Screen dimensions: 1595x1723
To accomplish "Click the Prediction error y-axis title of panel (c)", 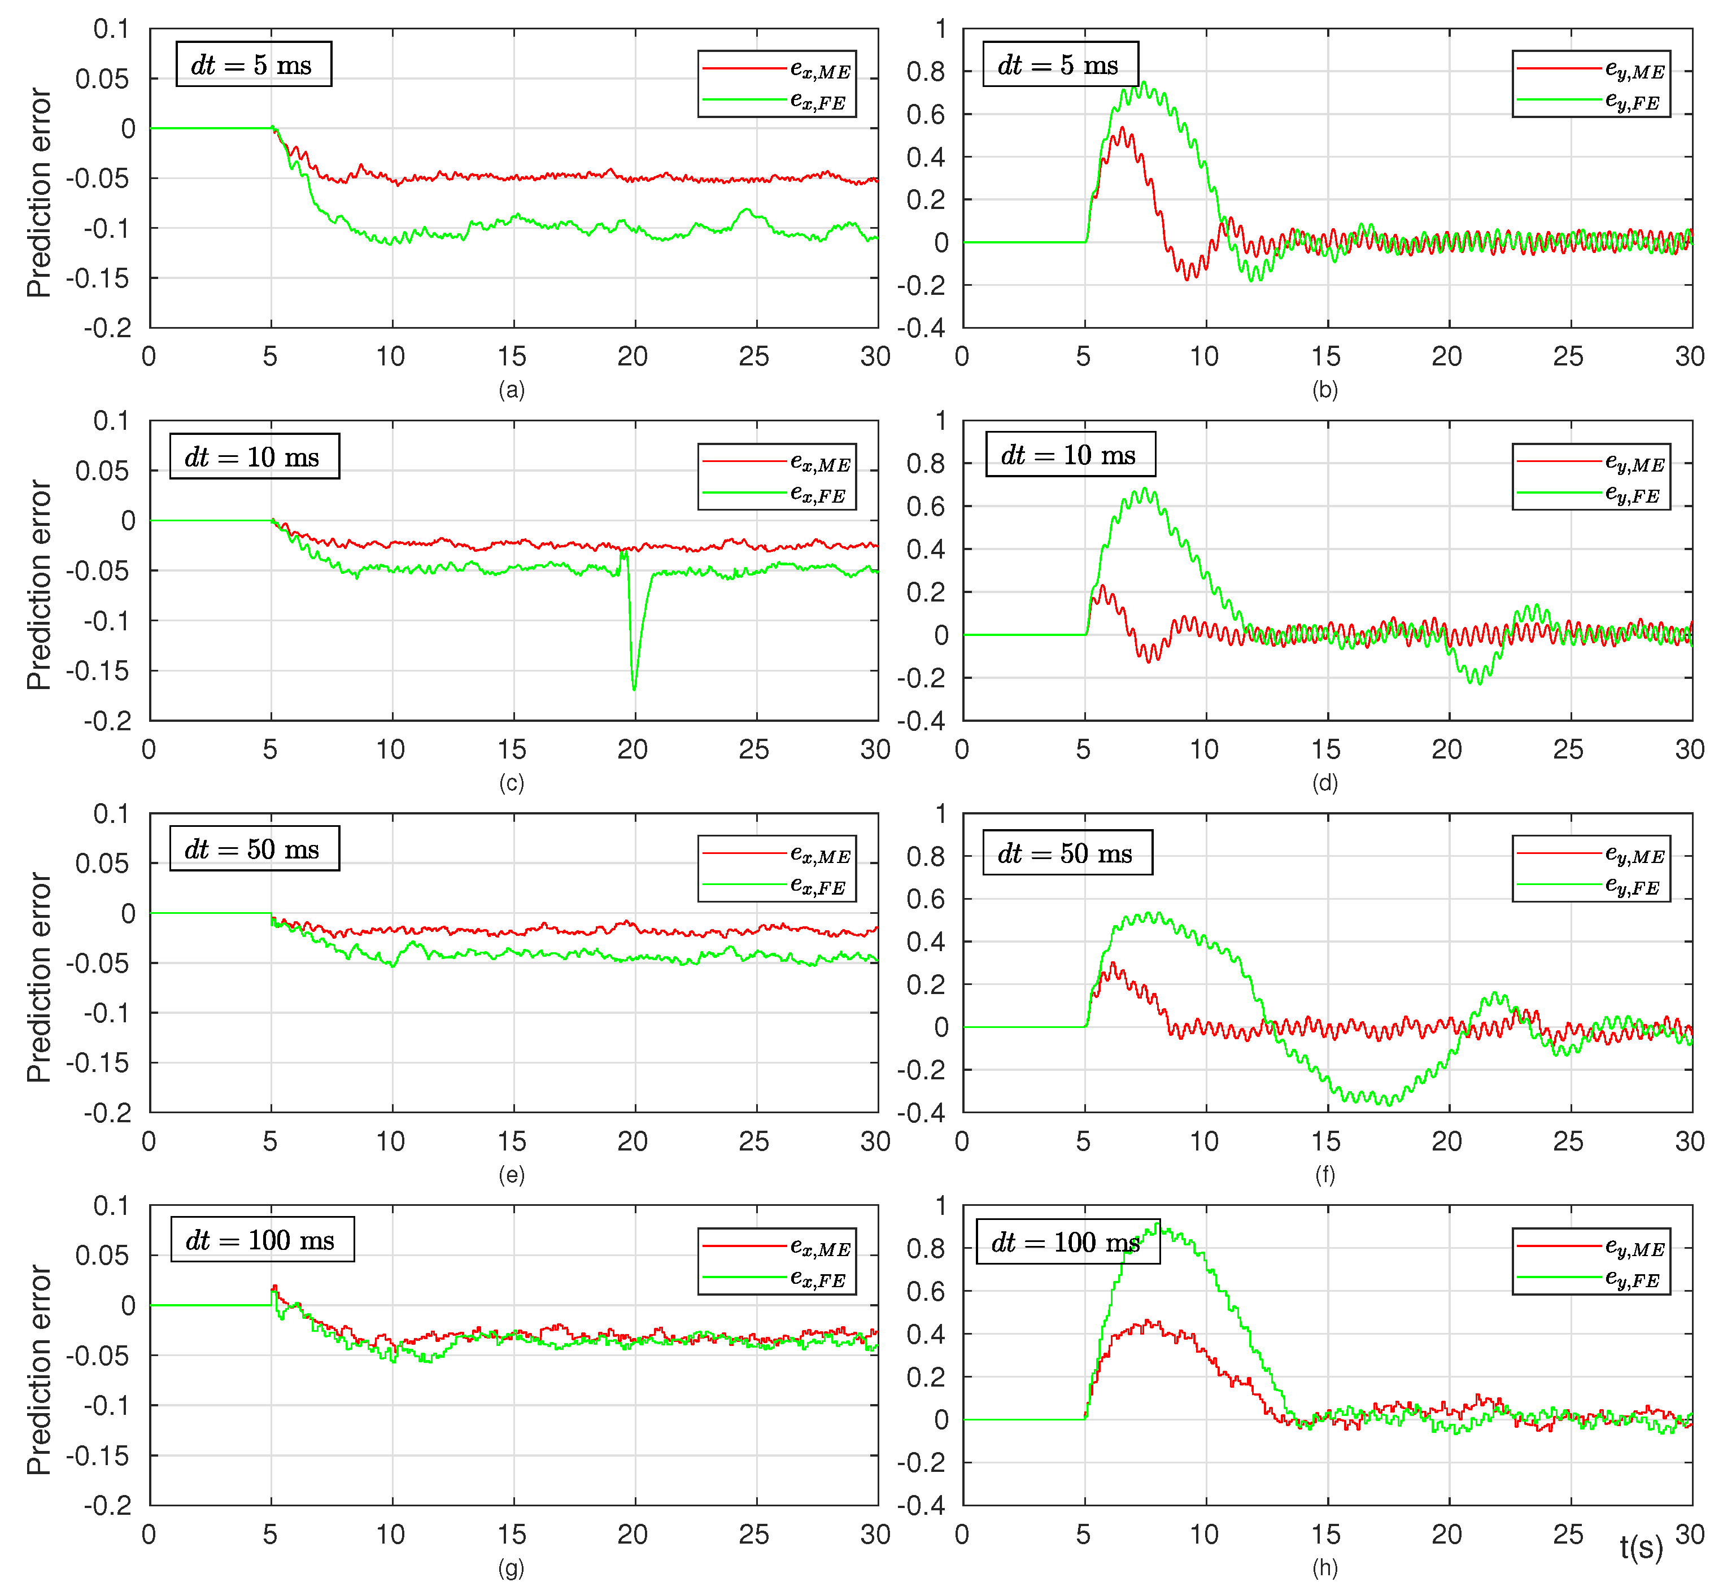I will click(39, 585).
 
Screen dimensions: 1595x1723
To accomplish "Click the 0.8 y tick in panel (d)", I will click(926, 464).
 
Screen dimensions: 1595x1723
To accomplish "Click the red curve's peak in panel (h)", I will click(1148, 1321).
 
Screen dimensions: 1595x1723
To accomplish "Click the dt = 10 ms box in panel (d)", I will click(1070, 455).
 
